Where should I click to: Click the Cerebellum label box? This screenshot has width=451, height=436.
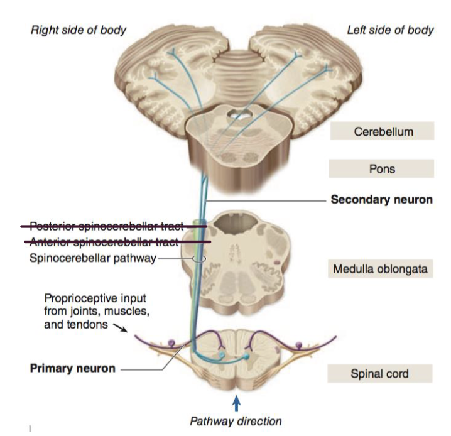tap(381, 132)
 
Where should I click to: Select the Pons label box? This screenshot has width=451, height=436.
tap(381, 168)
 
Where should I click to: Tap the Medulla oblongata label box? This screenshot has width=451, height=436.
tap(381, 270)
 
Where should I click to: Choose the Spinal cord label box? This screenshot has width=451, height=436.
tap(379, 374)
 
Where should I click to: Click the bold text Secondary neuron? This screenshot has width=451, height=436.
tap(381, 200)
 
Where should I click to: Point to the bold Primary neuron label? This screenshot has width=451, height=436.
tap(73, 368)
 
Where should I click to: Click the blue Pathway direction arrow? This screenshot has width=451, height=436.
tap(236, 401)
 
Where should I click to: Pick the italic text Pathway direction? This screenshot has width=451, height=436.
tap(236, 420)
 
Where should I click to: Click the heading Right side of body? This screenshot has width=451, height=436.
tap(79, 30)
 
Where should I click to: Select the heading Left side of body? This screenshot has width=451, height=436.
tap(390, 30)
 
